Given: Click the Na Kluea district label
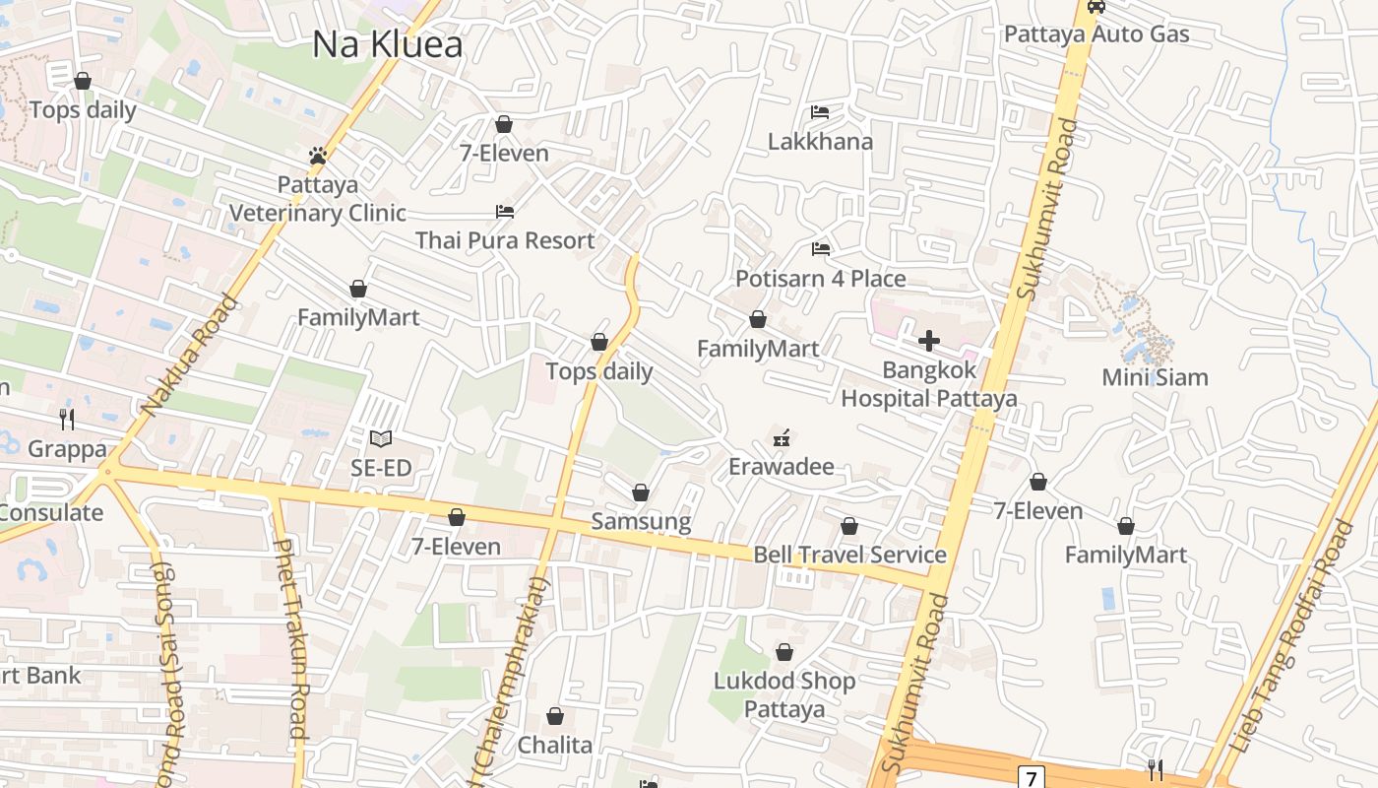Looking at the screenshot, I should coord(387,44).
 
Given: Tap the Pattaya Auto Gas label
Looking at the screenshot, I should coord(1096,34).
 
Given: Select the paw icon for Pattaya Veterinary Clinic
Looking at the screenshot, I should coord(317,156).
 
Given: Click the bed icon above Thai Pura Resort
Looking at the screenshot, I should coord(504,212).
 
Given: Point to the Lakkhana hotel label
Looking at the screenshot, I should coord(820,141).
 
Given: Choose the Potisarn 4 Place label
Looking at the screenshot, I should coord(820,279).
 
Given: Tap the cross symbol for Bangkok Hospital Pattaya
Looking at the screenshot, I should coord(928,342).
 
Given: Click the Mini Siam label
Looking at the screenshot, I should coord(1155,377).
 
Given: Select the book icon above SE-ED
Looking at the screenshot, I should coord(381,438).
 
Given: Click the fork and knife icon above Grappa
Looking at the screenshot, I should coord(67,420).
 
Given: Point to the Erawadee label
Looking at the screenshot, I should coord(781,467).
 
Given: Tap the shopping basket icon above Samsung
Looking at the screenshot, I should coord(641,492).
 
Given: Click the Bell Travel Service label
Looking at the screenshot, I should coord(849,555).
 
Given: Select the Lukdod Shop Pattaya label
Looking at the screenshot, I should coord(783,694).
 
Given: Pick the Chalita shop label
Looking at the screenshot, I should coord(555,745).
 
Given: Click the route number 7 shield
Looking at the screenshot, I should coord(1031,778).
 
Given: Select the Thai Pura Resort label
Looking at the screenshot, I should coord(504,240).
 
